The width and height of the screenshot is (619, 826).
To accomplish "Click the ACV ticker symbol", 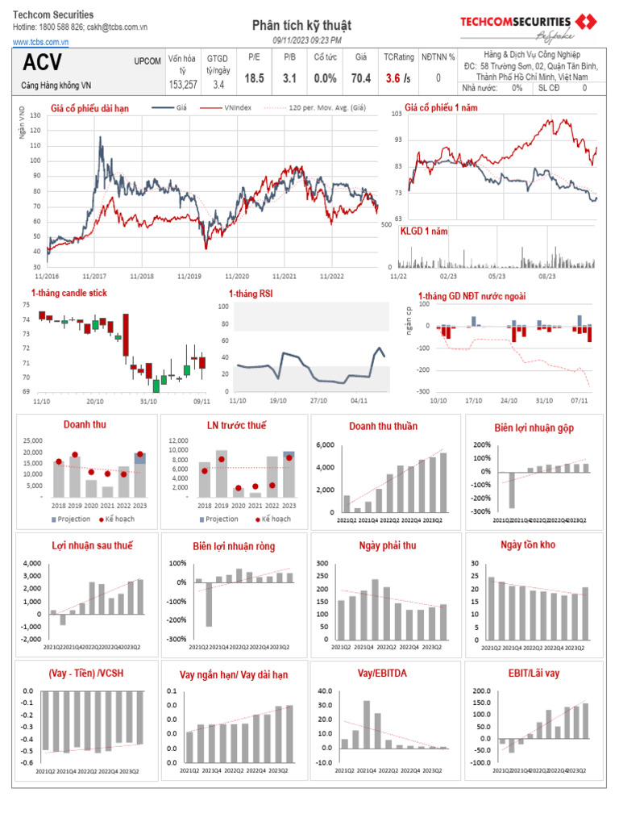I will [43, 63].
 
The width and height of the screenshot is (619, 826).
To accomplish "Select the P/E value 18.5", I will [254, 78].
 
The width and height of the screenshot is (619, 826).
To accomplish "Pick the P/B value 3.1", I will [290, 78].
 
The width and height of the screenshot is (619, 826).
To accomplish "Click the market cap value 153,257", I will [183, 84].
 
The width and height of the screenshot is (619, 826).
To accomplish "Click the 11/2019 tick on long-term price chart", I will [189, 276].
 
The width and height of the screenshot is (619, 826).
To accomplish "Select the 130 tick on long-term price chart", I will [34, 116].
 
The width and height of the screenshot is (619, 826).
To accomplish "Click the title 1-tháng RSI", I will [250, 294].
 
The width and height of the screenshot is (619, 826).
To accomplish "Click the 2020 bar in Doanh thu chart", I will [91, 488].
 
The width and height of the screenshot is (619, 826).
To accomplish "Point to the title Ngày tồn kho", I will [528, 544].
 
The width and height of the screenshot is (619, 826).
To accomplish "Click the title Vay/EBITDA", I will [383, 673].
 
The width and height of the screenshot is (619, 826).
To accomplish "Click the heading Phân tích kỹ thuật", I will [301, 27].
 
